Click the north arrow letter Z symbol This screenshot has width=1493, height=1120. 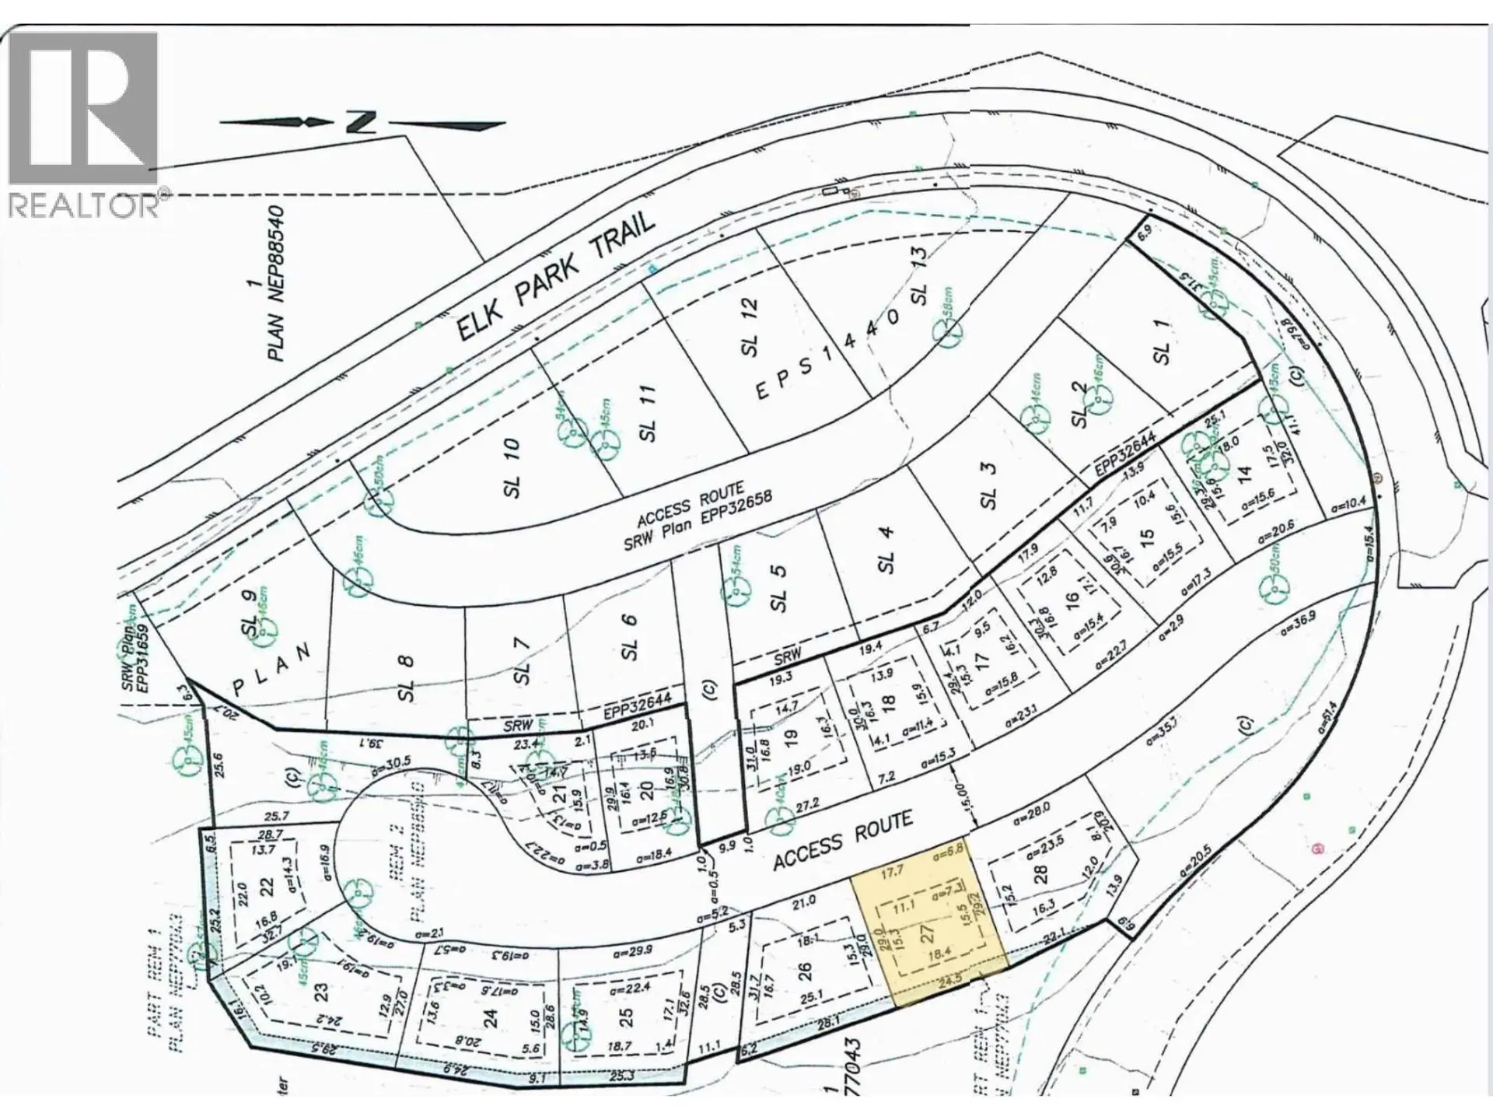pyautogui.click(x=362, y=122)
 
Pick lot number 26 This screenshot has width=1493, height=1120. pyautogui.click(x=804, y=971)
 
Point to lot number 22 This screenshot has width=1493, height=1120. pyautogui.click(x=267, y=887)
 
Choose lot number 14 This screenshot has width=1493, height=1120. pyautogui.click(x=1244, y=472)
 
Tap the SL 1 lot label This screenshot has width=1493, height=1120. pyautogui.click(x=1162, y=343)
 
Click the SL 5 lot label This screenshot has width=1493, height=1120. pyautogui.click(x=778, y=588)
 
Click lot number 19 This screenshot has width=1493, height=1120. pyautogui.click(x=791, y=737)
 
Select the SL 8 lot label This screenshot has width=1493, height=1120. pyautogui.click(x=405, y=678)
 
